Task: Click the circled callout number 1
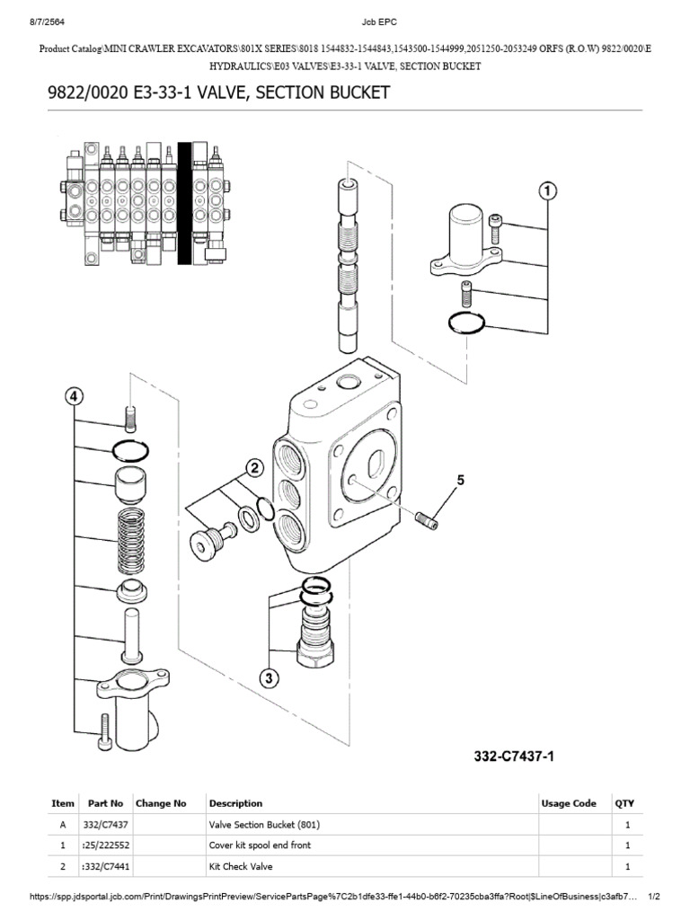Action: (547, 190)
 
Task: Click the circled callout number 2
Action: (254, 468)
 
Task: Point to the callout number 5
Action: (461, 482)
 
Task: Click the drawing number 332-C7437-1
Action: (514, 756)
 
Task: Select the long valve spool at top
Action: (348, 260)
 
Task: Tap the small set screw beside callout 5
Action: (427, 518)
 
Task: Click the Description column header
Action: (235, 803)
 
